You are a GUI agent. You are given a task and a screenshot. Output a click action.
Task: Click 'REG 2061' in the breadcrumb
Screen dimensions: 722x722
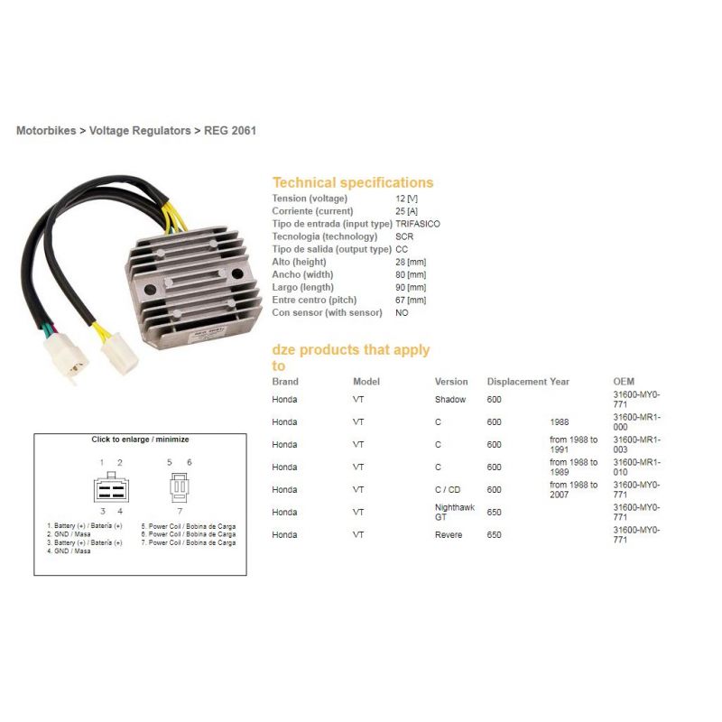[230, 131]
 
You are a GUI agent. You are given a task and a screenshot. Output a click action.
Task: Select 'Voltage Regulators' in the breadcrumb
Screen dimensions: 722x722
[140, 131]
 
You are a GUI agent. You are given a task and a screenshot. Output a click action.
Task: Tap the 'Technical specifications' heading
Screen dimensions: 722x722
[353, 183]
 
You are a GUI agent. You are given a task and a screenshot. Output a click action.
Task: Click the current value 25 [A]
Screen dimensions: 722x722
[407, 211]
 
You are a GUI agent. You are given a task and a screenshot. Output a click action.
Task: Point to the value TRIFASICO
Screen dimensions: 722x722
[418, 224]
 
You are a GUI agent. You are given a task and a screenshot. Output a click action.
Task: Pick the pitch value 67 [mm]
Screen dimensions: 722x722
[411, 301]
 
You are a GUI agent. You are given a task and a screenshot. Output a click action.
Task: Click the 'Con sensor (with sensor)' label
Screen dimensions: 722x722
[327, 312]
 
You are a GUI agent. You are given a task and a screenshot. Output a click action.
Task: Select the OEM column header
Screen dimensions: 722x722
[624, 382]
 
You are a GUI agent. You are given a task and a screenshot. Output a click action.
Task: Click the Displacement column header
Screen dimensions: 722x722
[517, 382]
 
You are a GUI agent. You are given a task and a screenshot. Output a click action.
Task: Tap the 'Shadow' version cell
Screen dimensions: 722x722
[450, 400]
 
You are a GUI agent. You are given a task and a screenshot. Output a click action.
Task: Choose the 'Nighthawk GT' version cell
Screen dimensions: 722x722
[455, 512]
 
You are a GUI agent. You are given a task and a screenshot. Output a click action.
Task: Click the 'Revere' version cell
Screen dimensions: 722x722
[449, 535]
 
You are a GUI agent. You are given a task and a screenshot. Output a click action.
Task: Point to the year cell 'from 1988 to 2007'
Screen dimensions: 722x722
[573, 489]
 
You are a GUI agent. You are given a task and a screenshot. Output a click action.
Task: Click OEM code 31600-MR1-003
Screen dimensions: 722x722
[636, 444]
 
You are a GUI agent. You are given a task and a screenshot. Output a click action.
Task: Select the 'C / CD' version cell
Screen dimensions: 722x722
[448, 490]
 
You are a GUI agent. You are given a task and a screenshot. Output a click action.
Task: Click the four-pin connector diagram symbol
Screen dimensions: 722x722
[111, 487]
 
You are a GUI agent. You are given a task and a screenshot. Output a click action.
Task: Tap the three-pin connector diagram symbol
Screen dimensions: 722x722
[180, 487]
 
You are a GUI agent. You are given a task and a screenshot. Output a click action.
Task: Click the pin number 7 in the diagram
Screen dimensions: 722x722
[180, 511]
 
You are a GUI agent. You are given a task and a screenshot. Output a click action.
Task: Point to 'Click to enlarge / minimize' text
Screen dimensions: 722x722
[140, 440]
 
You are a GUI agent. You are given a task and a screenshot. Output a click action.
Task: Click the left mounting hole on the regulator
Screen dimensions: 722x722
[151, 290]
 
